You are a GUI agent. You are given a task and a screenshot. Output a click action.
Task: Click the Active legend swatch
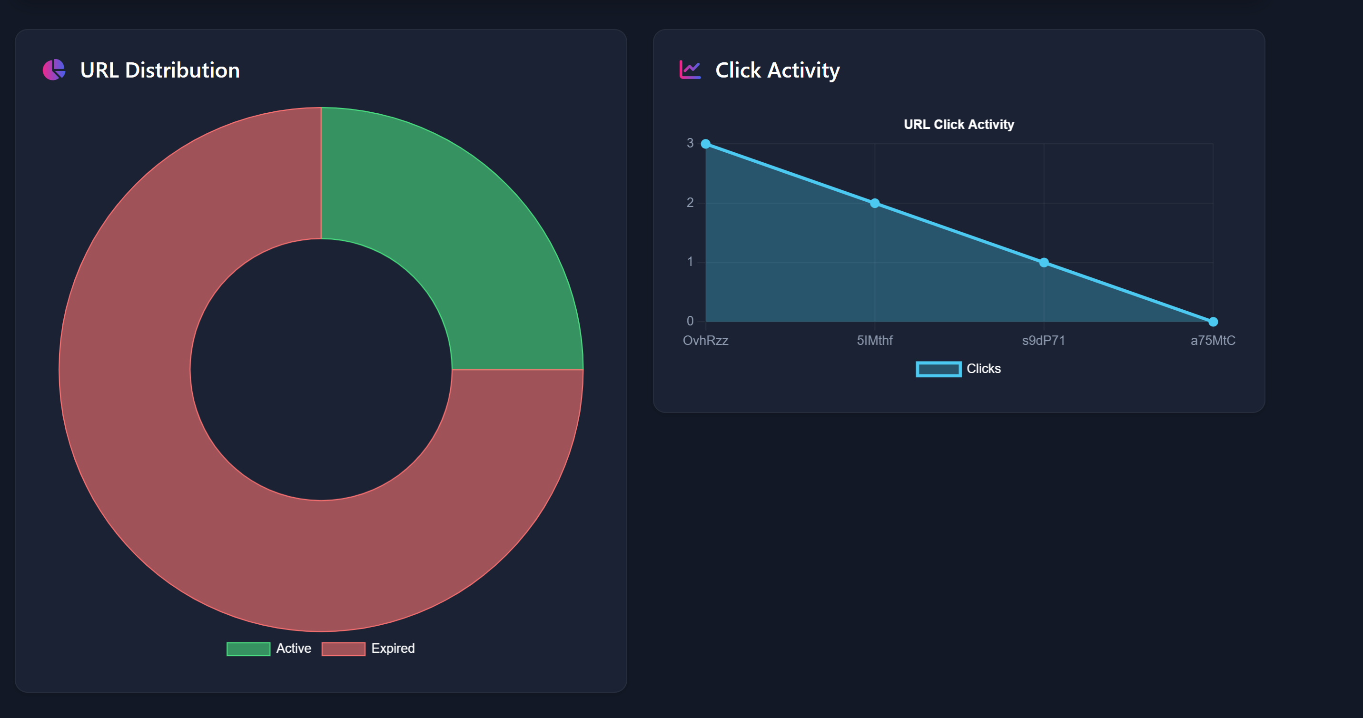[x=248, y=649]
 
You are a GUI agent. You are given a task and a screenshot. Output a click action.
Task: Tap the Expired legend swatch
[x=344, y=649]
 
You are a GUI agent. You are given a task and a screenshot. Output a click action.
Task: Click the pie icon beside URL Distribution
[x=54, y=70]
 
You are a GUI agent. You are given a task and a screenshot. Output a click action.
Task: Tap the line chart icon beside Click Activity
[x=690, y=70]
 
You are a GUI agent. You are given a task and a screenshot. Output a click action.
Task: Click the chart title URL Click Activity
[x=959, y=124]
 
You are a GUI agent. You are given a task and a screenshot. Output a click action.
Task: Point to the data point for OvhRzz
[x=706, y=144]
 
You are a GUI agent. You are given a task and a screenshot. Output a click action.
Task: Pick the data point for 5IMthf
[x=875, y=203]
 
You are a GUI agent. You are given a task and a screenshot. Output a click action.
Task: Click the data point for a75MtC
[x=1213, y=322]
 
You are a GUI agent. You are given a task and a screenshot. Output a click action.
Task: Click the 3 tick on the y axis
[x=690, y=143]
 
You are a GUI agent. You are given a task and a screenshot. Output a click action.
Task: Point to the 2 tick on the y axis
[x=690, y=203]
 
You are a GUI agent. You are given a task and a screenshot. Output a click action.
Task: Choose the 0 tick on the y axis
[x=690, y=321]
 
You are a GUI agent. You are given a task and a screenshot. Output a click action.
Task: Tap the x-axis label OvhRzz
[x=706, y=340]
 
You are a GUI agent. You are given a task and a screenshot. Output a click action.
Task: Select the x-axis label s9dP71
[x=1043, y=340]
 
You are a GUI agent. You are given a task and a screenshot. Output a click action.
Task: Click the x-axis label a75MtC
[x=1213, y=340]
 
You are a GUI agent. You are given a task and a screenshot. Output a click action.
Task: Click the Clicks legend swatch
[x=938, y=369]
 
